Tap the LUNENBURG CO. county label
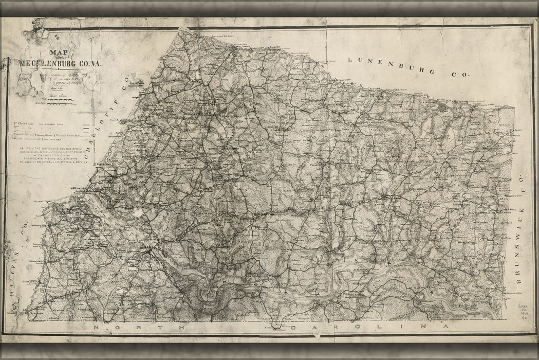[x=408, y=67]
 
